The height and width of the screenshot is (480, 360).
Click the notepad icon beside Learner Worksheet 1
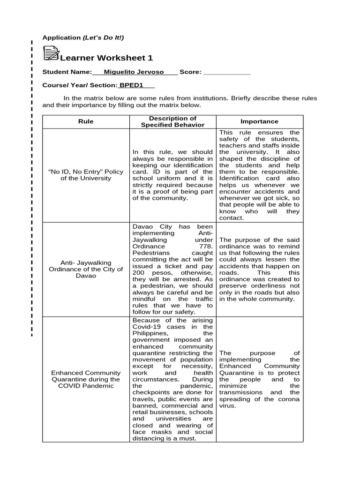coord(51,53)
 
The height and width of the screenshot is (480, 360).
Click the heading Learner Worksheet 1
coord(106,58)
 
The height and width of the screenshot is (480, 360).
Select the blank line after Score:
coord(227,72)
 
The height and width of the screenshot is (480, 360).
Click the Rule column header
coord(86,121)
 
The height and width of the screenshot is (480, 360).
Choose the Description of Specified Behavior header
coord(172,121)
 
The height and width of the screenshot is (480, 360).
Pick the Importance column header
coord(259,121)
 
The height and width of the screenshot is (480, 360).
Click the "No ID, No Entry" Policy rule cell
coord(86,175)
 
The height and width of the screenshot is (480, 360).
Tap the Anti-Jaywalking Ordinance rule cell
coord(86,270)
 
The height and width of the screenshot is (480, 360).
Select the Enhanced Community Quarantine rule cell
coord(86,379)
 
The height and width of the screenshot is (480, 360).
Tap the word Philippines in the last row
coord(150,333)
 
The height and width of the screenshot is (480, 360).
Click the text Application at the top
coord(61,37)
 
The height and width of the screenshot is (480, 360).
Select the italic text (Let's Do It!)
coord(104,37)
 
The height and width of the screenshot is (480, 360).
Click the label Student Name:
coord(67,72)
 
